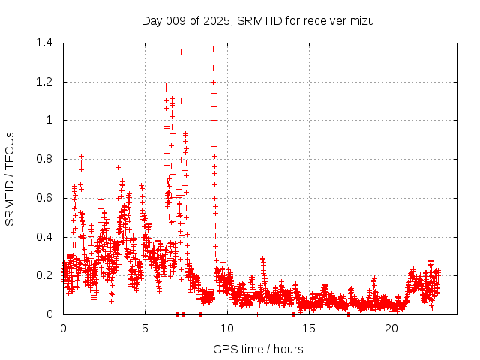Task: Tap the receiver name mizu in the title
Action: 361,20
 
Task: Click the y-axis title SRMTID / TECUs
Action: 10,178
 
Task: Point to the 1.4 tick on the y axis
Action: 44,43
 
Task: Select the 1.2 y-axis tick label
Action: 44,82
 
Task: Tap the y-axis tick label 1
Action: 50,120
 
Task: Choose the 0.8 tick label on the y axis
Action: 44,159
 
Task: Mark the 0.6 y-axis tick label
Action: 44,198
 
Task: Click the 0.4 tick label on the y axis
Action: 44,237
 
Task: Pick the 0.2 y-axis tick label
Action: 44,275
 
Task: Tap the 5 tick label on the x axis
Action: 145,328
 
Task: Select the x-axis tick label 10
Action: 227,328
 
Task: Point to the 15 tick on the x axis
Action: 309,328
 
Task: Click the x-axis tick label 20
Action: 391,328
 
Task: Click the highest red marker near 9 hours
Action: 213,49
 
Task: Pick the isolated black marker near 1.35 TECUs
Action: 181,52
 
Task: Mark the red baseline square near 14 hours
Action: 293,314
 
